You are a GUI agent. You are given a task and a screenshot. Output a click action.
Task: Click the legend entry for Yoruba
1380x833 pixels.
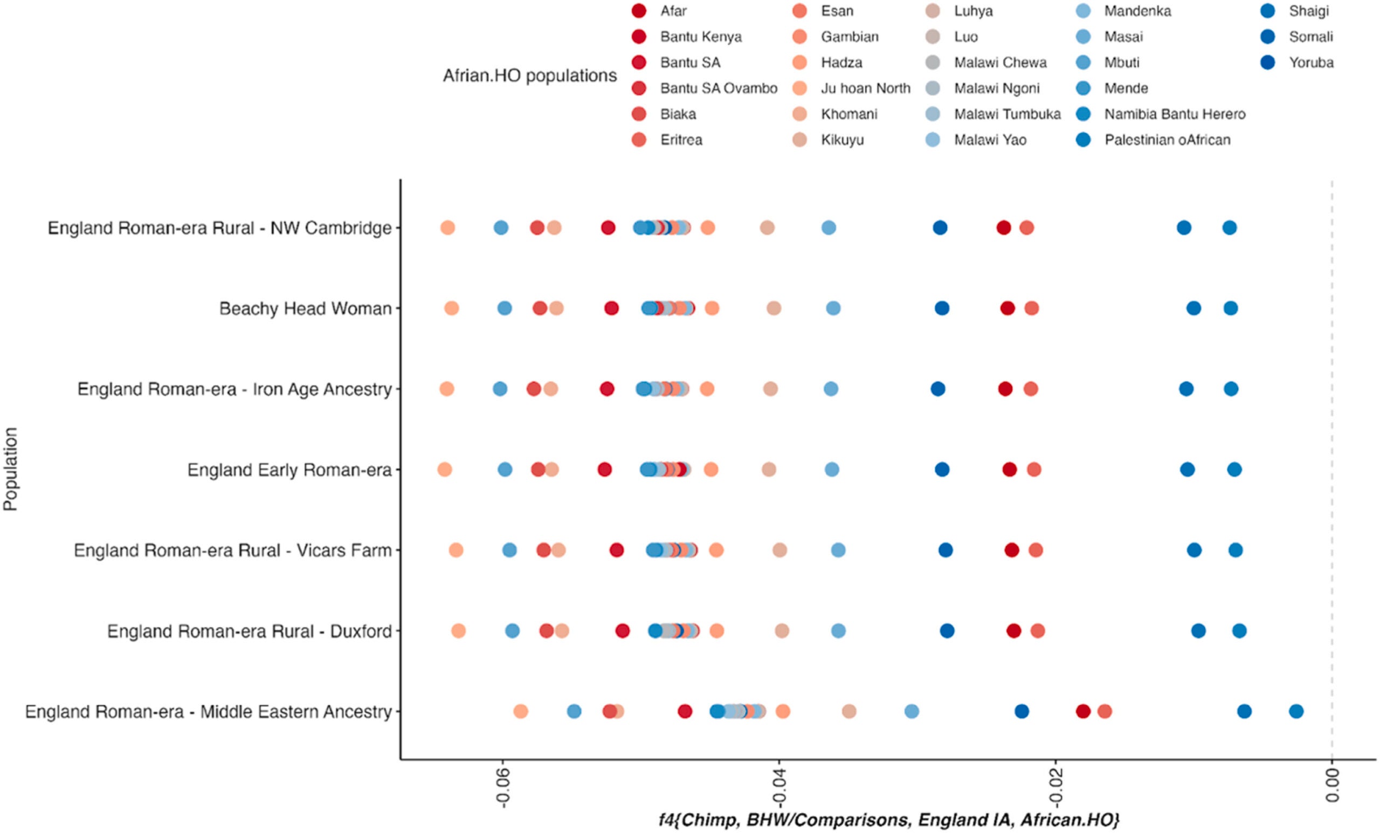(x=1310, y=62)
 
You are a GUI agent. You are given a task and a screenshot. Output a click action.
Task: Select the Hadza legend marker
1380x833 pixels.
(x=800, y=62)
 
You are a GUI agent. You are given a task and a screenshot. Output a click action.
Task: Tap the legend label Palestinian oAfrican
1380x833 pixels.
(x=1167, y=140)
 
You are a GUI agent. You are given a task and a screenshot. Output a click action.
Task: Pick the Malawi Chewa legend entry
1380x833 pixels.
(x=1000, y=62)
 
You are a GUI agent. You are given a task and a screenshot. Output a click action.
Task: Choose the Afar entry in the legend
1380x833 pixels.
(x=673, y=11)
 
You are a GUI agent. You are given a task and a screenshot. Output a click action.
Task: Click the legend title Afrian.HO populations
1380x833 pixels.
(x=529, y=75)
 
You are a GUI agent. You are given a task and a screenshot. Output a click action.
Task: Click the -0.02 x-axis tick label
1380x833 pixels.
(x=1055, y=787)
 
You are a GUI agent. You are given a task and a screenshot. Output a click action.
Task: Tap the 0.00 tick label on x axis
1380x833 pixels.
(x=1333, y=784)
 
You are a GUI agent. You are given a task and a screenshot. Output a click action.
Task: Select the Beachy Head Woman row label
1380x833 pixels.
(x=305, y=308)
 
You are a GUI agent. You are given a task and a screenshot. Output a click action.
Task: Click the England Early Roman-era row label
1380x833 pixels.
(x=289, y=470)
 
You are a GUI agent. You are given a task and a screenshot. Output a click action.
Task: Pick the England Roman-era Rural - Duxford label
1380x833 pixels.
(x=249, y=631)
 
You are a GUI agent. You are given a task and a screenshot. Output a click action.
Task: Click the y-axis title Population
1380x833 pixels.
(x=11, y=470)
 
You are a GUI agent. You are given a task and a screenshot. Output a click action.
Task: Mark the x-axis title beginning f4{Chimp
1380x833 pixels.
(x=888, y=820)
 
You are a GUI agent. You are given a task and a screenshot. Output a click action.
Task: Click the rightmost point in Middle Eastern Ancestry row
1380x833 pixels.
(x=1296, y=712)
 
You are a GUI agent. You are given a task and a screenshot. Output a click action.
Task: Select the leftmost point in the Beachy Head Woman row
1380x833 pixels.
(x=451, y=308)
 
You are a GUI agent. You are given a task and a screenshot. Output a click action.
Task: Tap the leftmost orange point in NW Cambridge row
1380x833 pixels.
(x=447, y=228)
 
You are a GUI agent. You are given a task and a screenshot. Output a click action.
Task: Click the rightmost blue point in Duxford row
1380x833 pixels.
(x=1239, y=631)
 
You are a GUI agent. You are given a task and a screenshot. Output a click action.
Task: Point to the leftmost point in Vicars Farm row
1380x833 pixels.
(x=456, y=550)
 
